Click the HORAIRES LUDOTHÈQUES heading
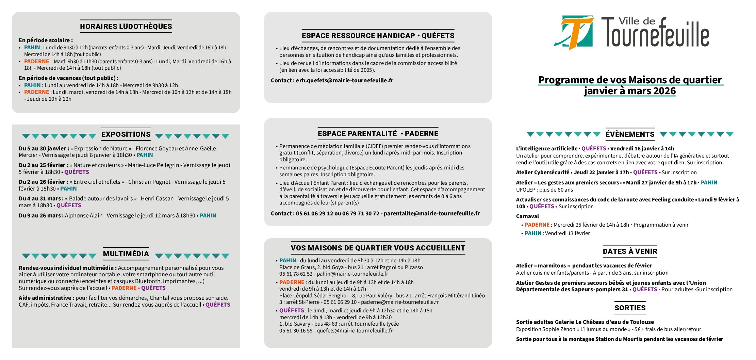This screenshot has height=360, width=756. (126, 27)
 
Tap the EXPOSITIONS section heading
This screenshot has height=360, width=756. (126, 134)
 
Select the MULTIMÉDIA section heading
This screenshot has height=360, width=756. (126, 254)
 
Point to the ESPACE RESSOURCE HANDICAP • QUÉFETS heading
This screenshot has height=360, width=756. (378, 36)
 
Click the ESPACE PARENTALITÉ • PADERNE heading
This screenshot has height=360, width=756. (378, 134)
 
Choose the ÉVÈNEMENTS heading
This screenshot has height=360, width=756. (630, 134)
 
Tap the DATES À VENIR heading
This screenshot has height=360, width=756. (630, 251)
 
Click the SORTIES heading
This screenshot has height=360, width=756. (630, 308)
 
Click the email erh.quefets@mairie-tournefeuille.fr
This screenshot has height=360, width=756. (344, 81)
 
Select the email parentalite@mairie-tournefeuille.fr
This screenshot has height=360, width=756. (432, 214)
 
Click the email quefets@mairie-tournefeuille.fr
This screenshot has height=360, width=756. (355, 331)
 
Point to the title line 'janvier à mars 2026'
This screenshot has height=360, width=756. (630, 91)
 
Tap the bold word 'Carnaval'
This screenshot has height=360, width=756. (527, 216)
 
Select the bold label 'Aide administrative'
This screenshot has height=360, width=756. (46, 298)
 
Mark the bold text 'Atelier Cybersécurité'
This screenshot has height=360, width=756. (542, 173)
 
